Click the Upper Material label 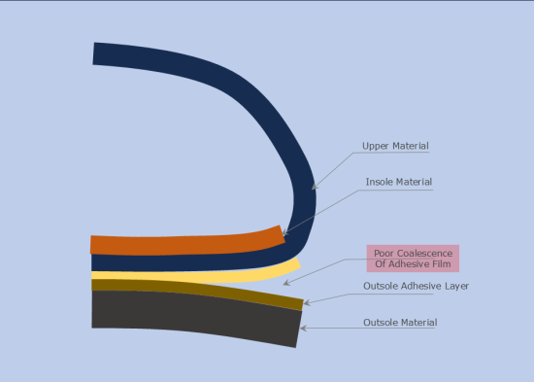tap(395, 146)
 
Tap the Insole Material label tap(398, 182)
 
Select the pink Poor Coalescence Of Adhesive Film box tap(413, 259)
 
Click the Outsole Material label tap(400, 322)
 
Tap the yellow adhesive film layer tap(194, 275)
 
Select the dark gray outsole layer tap(194, 314)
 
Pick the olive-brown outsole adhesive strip tap(194, 288)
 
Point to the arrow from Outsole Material tap(330, 327)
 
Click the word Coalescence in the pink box tap(424, 253)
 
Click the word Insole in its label tap(380, 182)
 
